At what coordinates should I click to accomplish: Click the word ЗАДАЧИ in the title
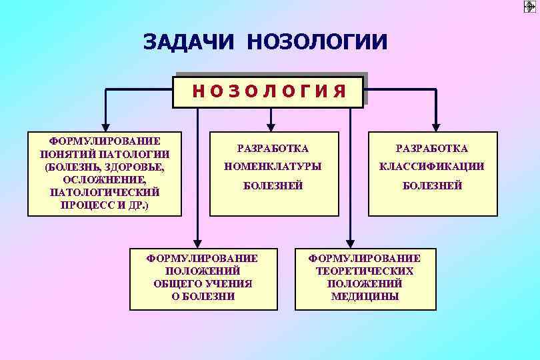coord(189,41)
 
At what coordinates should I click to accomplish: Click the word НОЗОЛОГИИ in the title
coord(317,41)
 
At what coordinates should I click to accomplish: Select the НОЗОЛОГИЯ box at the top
coord(269,91)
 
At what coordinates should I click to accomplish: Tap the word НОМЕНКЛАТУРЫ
coord(273,167)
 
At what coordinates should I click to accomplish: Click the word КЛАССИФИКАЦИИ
coord(432,167)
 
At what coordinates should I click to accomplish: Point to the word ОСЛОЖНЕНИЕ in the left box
coord(105,180)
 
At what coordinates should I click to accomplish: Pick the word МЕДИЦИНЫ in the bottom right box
coord(365,297)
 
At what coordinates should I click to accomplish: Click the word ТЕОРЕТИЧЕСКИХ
coord(365,271)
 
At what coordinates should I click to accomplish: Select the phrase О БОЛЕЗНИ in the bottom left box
coord(203,297)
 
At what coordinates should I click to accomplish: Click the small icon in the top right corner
coord(530,7)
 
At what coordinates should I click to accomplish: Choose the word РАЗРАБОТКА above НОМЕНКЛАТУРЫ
coord(273,148)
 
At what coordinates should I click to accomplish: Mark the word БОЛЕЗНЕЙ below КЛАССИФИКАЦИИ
coord(432,186)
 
